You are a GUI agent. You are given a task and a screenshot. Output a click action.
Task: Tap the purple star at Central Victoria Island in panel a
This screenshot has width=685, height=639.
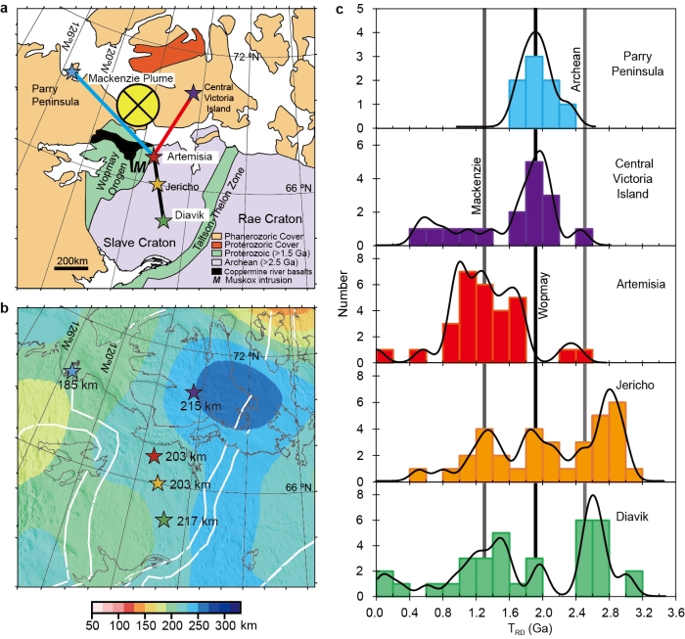[193, 93]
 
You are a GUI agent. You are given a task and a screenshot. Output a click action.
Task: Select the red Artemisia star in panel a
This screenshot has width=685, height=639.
[153, 156]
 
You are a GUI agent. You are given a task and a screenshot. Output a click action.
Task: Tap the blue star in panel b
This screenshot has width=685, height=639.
[70, 372]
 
